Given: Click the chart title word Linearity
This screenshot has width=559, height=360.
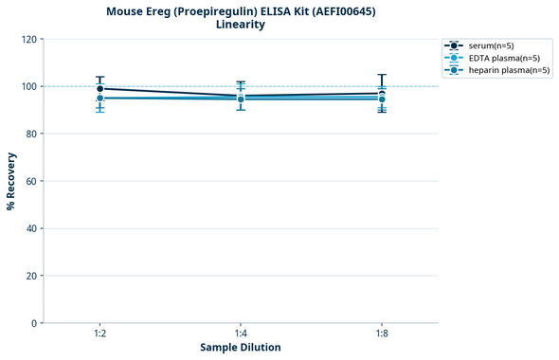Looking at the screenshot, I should click(241, 25).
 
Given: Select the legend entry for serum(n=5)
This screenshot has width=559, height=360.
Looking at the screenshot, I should click(496, 45).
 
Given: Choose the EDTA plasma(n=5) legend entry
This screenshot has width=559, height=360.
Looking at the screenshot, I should click(504, 58).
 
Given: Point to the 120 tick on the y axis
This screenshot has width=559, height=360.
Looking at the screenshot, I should click(28, 39).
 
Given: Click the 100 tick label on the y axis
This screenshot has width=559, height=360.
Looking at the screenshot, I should click(28, 86).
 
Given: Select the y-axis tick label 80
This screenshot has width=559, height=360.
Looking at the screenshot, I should click(31, 134).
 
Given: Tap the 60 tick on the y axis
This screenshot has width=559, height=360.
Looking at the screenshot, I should click(31, 181).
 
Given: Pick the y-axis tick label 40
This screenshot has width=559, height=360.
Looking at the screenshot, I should click(31, 228).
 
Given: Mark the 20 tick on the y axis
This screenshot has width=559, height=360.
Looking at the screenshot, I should click(31, 276).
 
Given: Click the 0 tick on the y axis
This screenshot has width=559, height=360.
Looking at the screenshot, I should click(34, 323).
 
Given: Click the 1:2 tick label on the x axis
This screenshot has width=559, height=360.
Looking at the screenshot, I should click(99, 333).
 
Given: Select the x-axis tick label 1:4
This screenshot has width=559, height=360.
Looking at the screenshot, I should click(241, 333).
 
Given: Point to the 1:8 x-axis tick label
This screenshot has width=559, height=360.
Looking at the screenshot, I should click(382, 333).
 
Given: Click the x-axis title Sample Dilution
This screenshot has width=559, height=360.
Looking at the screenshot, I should click(241, 348).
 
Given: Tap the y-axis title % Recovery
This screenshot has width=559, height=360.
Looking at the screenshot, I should click(11, 181).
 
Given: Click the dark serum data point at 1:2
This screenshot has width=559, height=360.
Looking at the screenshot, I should click(99, 89).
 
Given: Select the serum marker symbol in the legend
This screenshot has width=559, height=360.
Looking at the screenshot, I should click(455, 45).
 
